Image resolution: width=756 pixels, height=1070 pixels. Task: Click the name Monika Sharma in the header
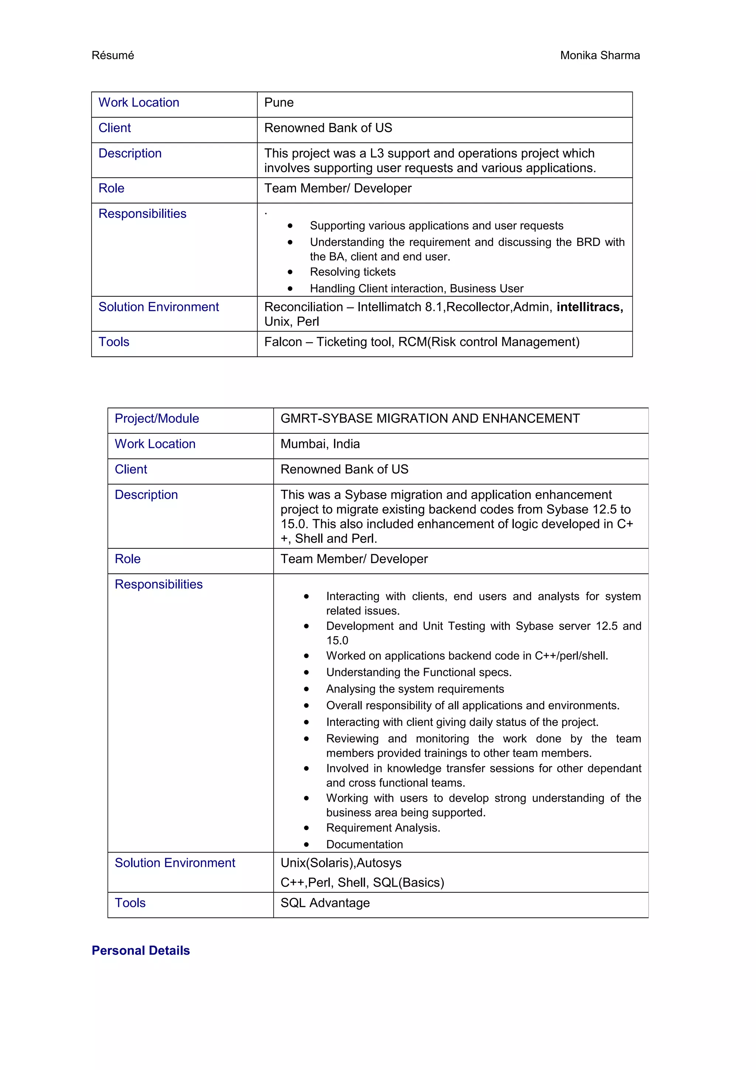pyautogui.click(x=599, y=55)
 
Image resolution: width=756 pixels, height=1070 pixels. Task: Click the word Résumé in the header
pyautogui.click(x=113, y=55)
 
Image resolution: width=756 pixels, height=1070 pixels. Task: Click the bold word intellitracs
pyautogui.click(x=589, y=307)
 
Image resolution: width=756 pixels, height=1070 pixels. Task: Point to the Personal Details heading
pyautogui.click(x=141, y=950)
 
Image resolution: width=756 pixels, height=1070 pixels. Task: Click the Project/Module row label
pyautogui.click(x=157, y=418)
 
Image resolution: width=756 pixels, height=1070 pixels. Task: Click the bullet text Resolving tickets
pyautogui.click(x=353, y=272)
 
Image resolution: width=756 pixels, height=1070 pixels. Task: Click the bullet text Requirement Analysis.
pyautogui.click(x=383, y=828)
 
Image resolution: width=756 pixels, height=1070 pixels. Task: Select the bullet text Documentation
pyautogui.click(x=364, y=844)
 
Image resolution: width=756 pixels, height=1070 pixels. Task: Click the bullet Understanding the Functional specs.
pyautogui.click(x=418, y=672)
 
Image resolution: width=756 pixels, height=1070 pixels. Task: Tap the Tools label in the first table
pyautogui.click(x=114, y=342)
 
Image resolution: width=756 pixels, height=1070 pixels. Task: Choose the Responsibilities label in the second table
pyautogui.click(x=158, y=584)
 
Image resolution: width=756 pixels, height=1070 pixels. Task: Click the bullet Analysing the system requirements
pyautogui.click(x=415, y=689)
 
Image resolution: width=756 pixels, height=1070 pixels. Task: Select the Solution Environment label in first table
pyautogui.click(x=158, y=307)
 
